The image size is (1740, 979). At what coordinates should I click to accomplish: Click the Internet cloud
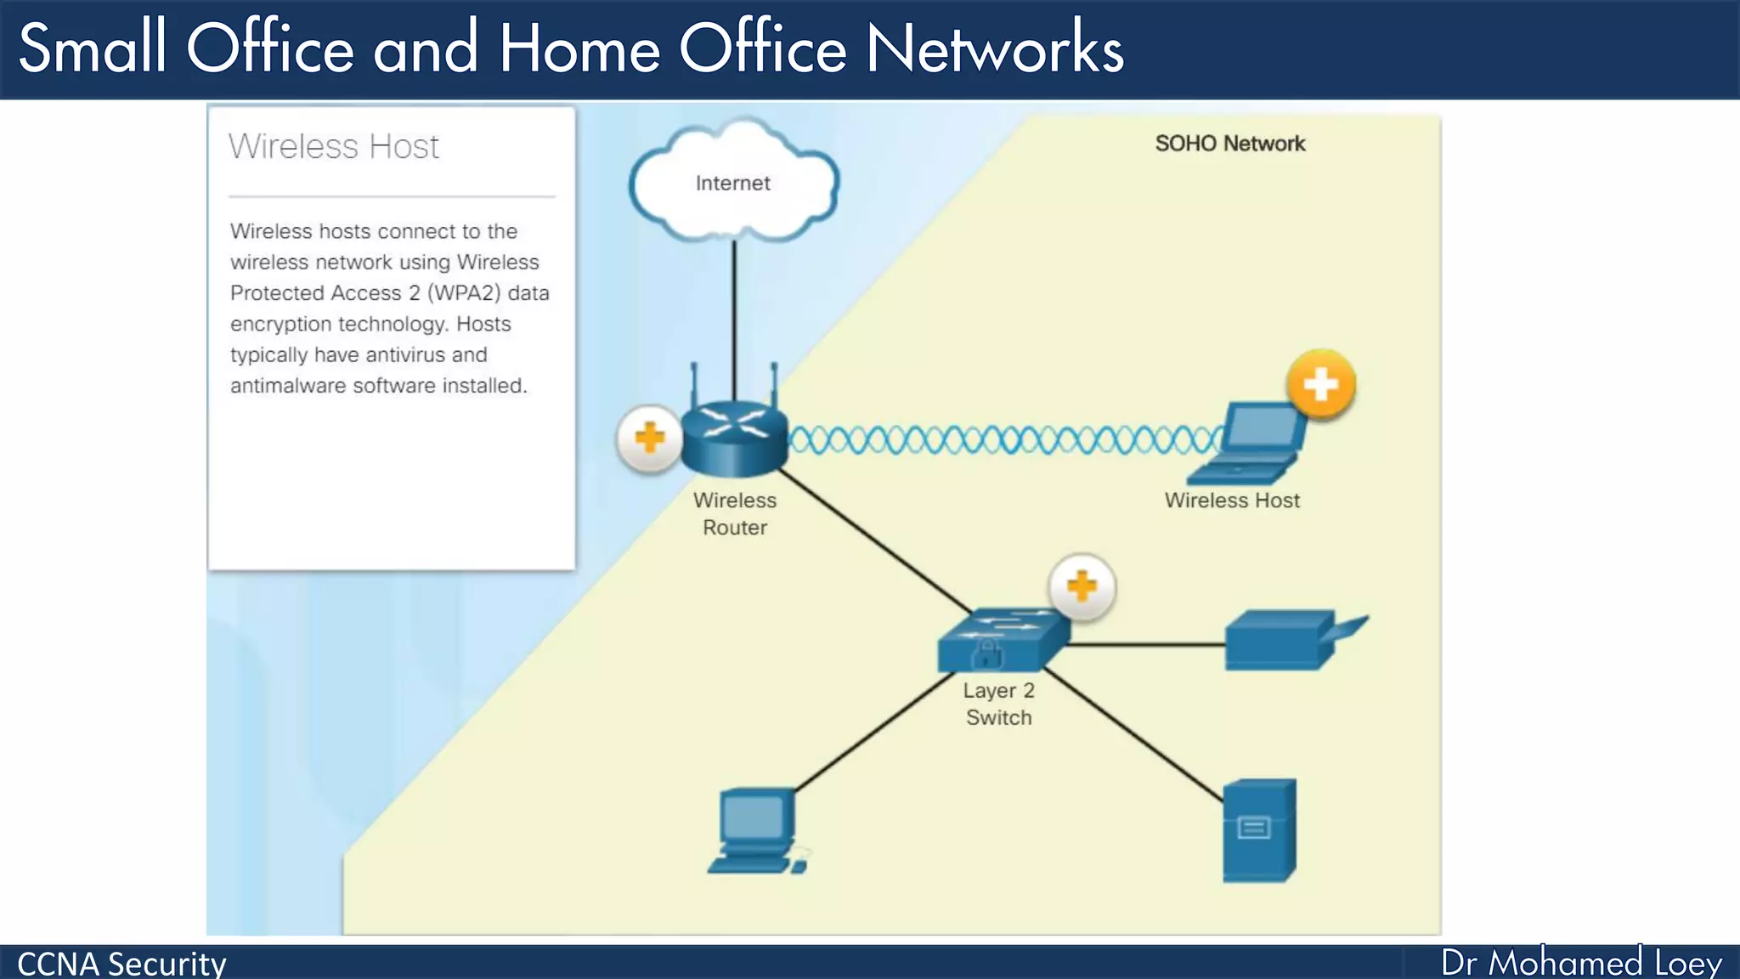pyautogui.click(x=733, y=183)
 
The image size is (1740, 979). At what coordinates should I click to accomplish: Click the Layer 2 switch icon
pyautogui.click(x=1003, y=641)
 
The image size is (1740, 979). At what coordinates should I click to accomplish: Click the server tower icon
pyautogui.click(x=1259, y=830)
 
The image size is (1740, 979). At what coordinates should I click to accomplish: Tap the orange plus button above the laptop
pyautogui.click(x=1320, y=385)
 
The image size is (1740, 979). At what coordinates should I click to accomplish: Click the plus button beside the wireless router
pyautogui.click(x=650, y=439)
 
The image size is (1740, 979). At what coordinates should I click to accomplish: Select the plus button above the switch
pyautogui.click(x=1082, y=586)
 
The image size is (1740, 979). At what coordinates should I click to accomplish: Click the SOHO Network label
pyautogui.click(x=1229, y=144)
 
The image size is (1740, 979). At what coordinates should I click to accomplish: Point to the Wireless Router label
pyautogui.click(x=735, y=514)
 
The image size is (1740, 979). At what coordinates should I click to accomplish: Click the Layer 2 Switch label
pyautogui.click(x=998, y=705)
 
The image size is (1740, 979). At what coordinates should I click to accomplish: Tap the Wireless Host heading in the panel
pyautogui.click(x=334, y=147)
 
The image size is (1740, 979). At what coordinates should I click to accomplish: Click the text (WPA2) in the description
pyautogui.click(x=464, y=293)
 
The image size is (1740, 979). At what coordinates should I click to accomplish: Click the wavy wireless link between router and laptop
pyautogui.click(x=1003, y=440)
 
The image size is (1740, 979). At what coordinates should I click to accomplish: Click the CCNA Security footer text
pyautogui.click(x=121, y=964)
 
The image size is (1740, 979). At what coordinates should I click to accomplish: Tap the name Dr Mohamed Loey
pyautogui.click(x=1580, y=963)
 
